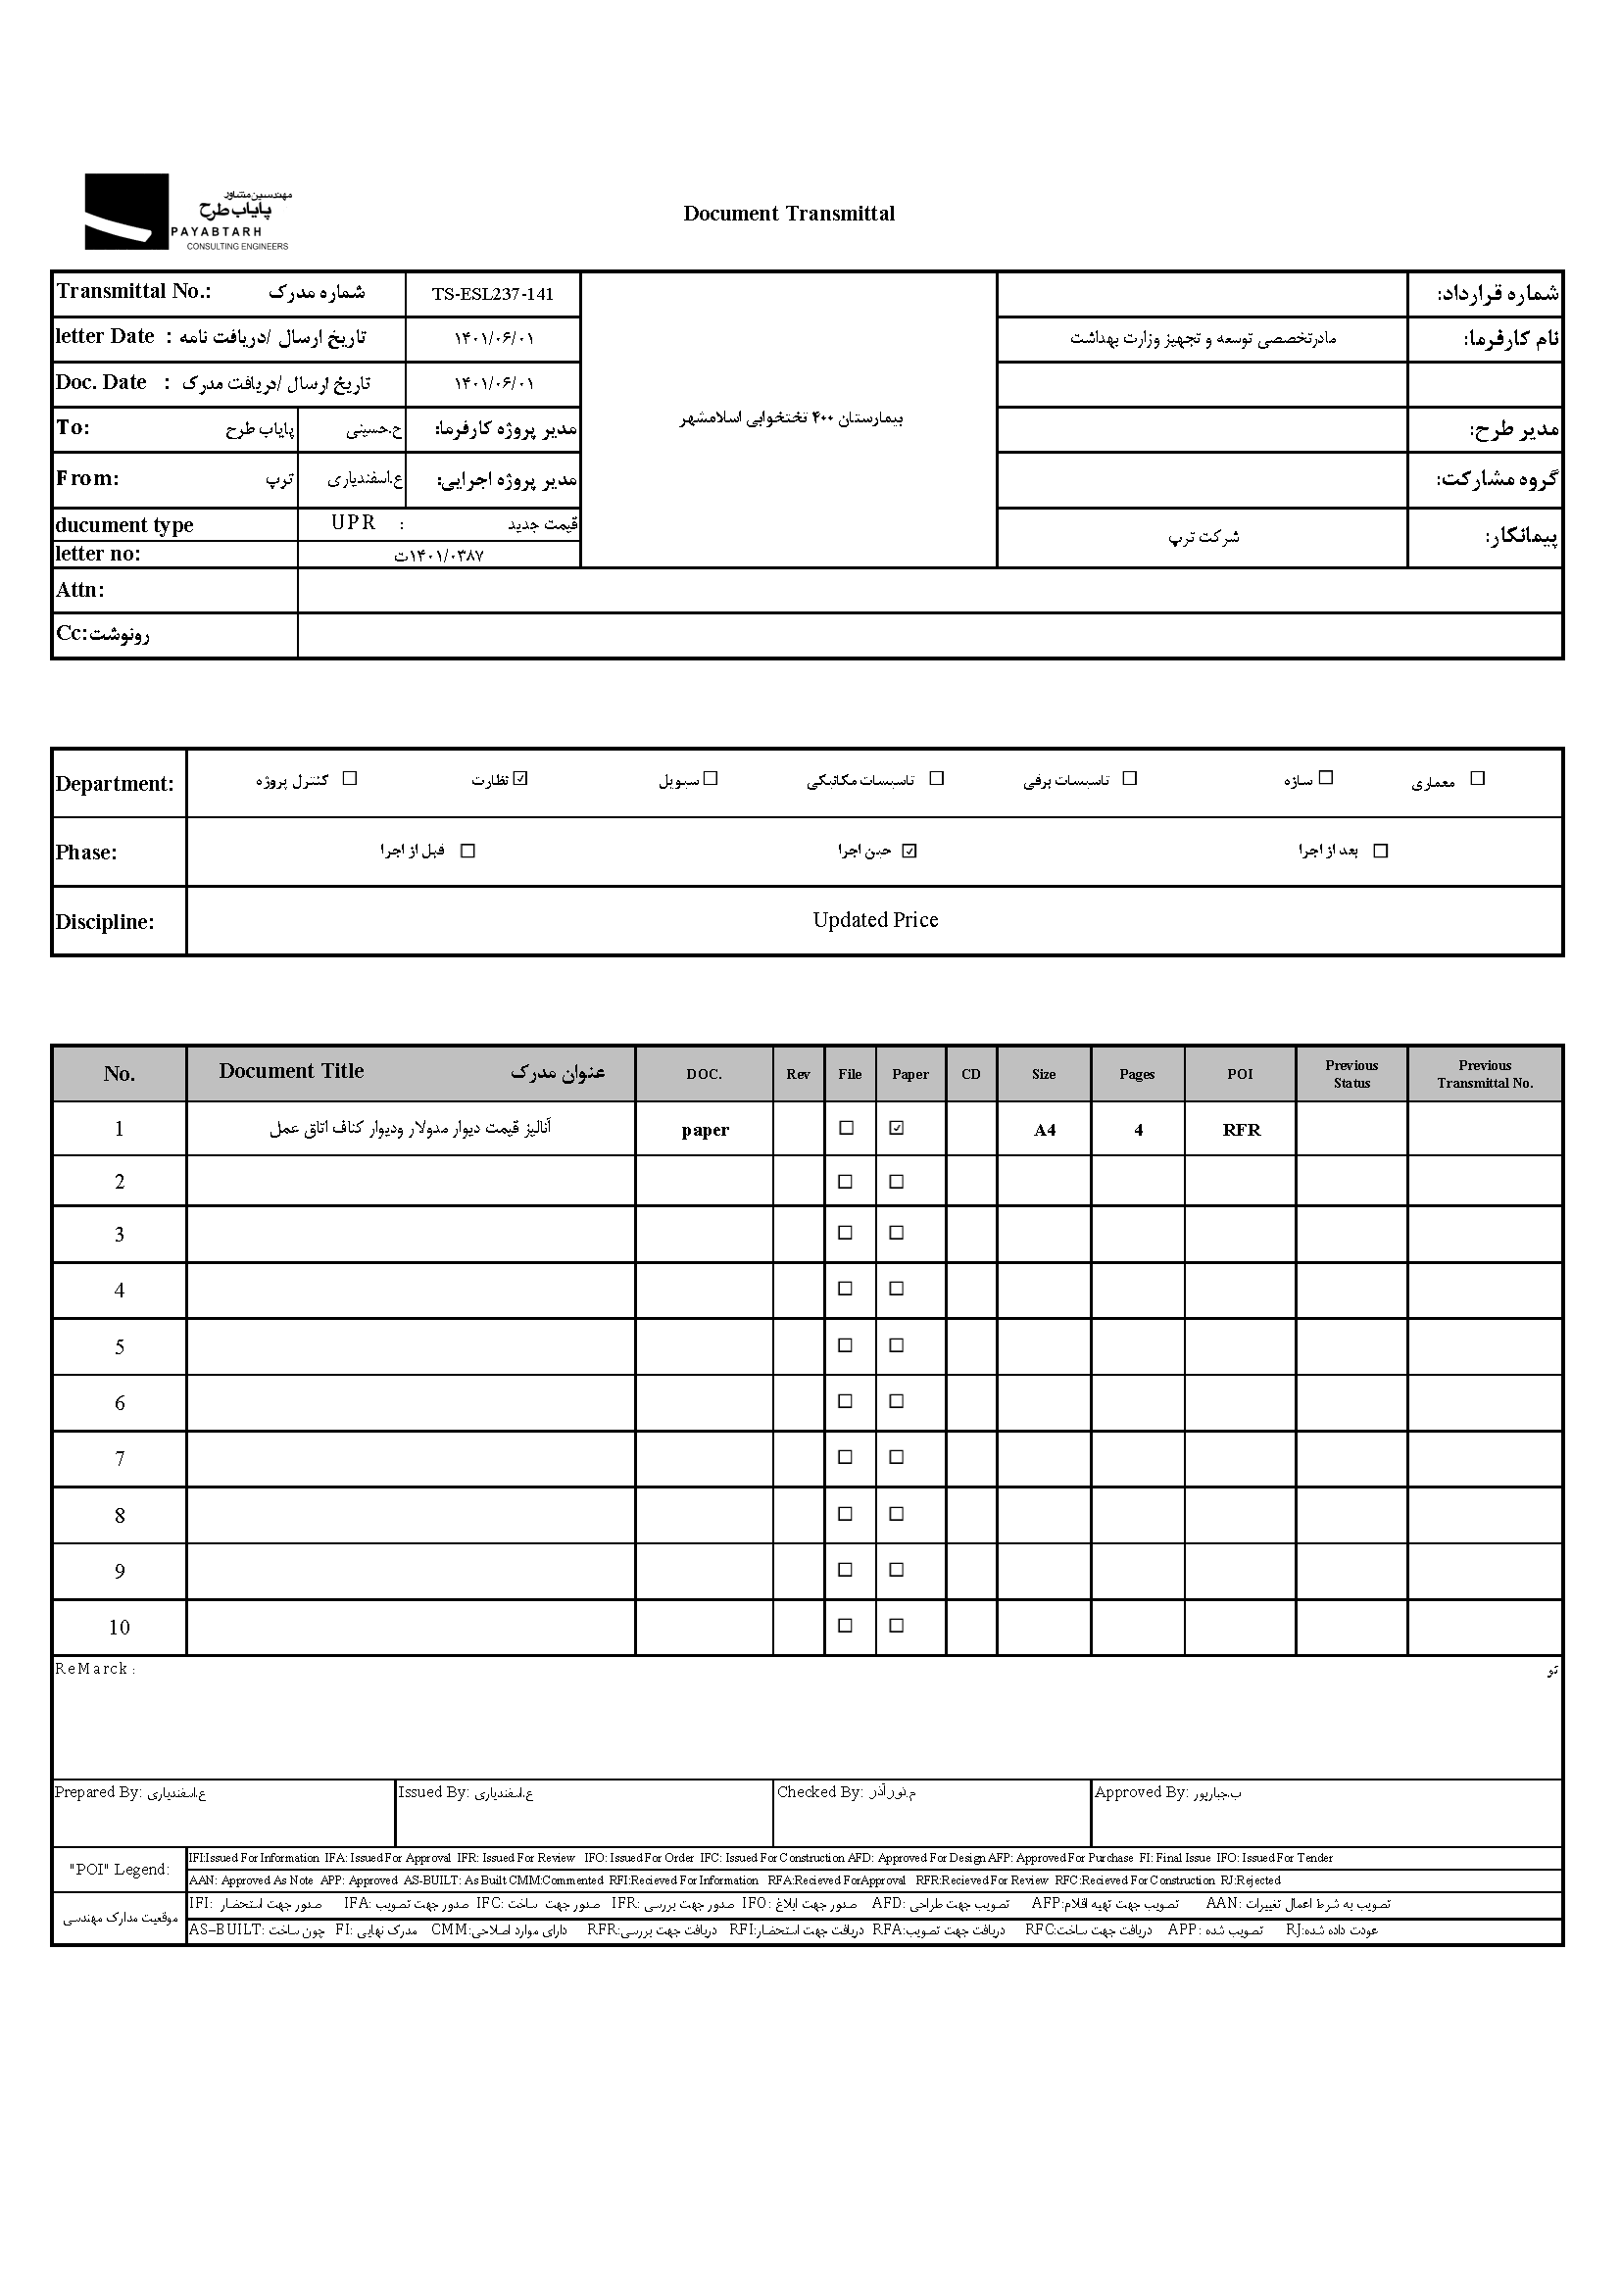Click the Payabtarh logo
(186, 212)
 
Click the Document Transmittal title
(789, 214)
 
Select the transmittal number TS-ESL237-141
(492, 295)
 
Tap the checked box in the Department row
(520, 779)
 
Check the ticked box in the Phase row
(909, 851)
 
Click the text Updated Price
(875, 920)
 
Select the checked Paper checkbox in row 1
(897, 1128)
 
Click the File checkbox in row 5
(846, 1345)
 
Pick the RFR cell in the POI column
(1241, 1130)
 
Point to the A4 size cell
(1044, 1130)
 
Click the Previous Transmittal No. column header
(1484, 1074)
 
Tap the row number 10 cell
(120, 1629)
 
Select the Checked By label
(819, 1792)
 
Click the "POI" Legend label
(120, 1870)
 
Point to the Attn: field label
(80, 590)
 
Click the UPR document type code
(355, 523)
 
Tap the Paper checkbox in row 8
(897, 1514)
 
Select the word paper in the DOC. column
(705, 1130)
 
